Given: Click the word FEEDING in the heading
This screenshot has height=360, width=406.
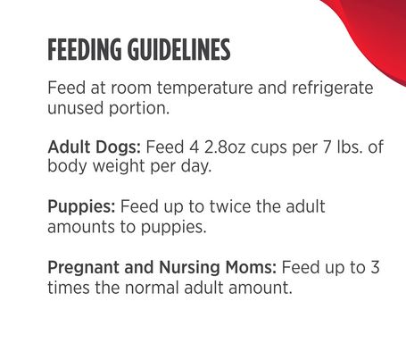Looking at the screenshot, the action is point(85,49).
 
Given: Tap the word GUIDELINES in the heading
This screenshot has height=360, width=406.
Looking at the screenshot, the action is point(178,49).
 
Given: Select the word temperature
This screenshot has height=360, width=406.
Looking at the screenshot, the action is point(205,88).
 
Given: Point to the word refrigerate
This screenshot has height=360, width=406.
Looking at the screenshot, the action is point(333,88).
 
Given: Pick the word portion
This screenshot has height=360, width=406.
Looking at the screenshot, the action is point(139,108).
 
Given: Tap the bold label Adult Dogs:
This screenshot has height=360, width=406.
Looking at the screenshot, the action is point(94,147).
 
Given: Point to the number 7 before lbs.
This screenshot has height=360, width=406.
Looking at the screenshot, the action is point(327,147).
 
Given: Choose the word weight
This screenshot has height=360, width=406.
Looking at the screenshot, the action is point(119,166).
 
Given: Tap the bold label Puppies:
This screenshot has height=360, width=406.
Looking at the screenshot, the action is point(81,207).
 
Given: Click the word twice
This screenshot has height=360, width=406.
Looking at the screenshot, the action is point(230,206).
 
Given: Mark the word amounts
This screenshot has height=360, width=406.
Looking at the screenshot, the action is point(81,228).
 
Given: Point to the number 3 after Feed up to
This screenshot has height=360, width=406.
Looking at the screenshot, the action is point(375,267).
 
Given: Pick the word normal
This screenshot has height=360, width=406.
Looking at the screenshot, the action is point(152,288).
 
